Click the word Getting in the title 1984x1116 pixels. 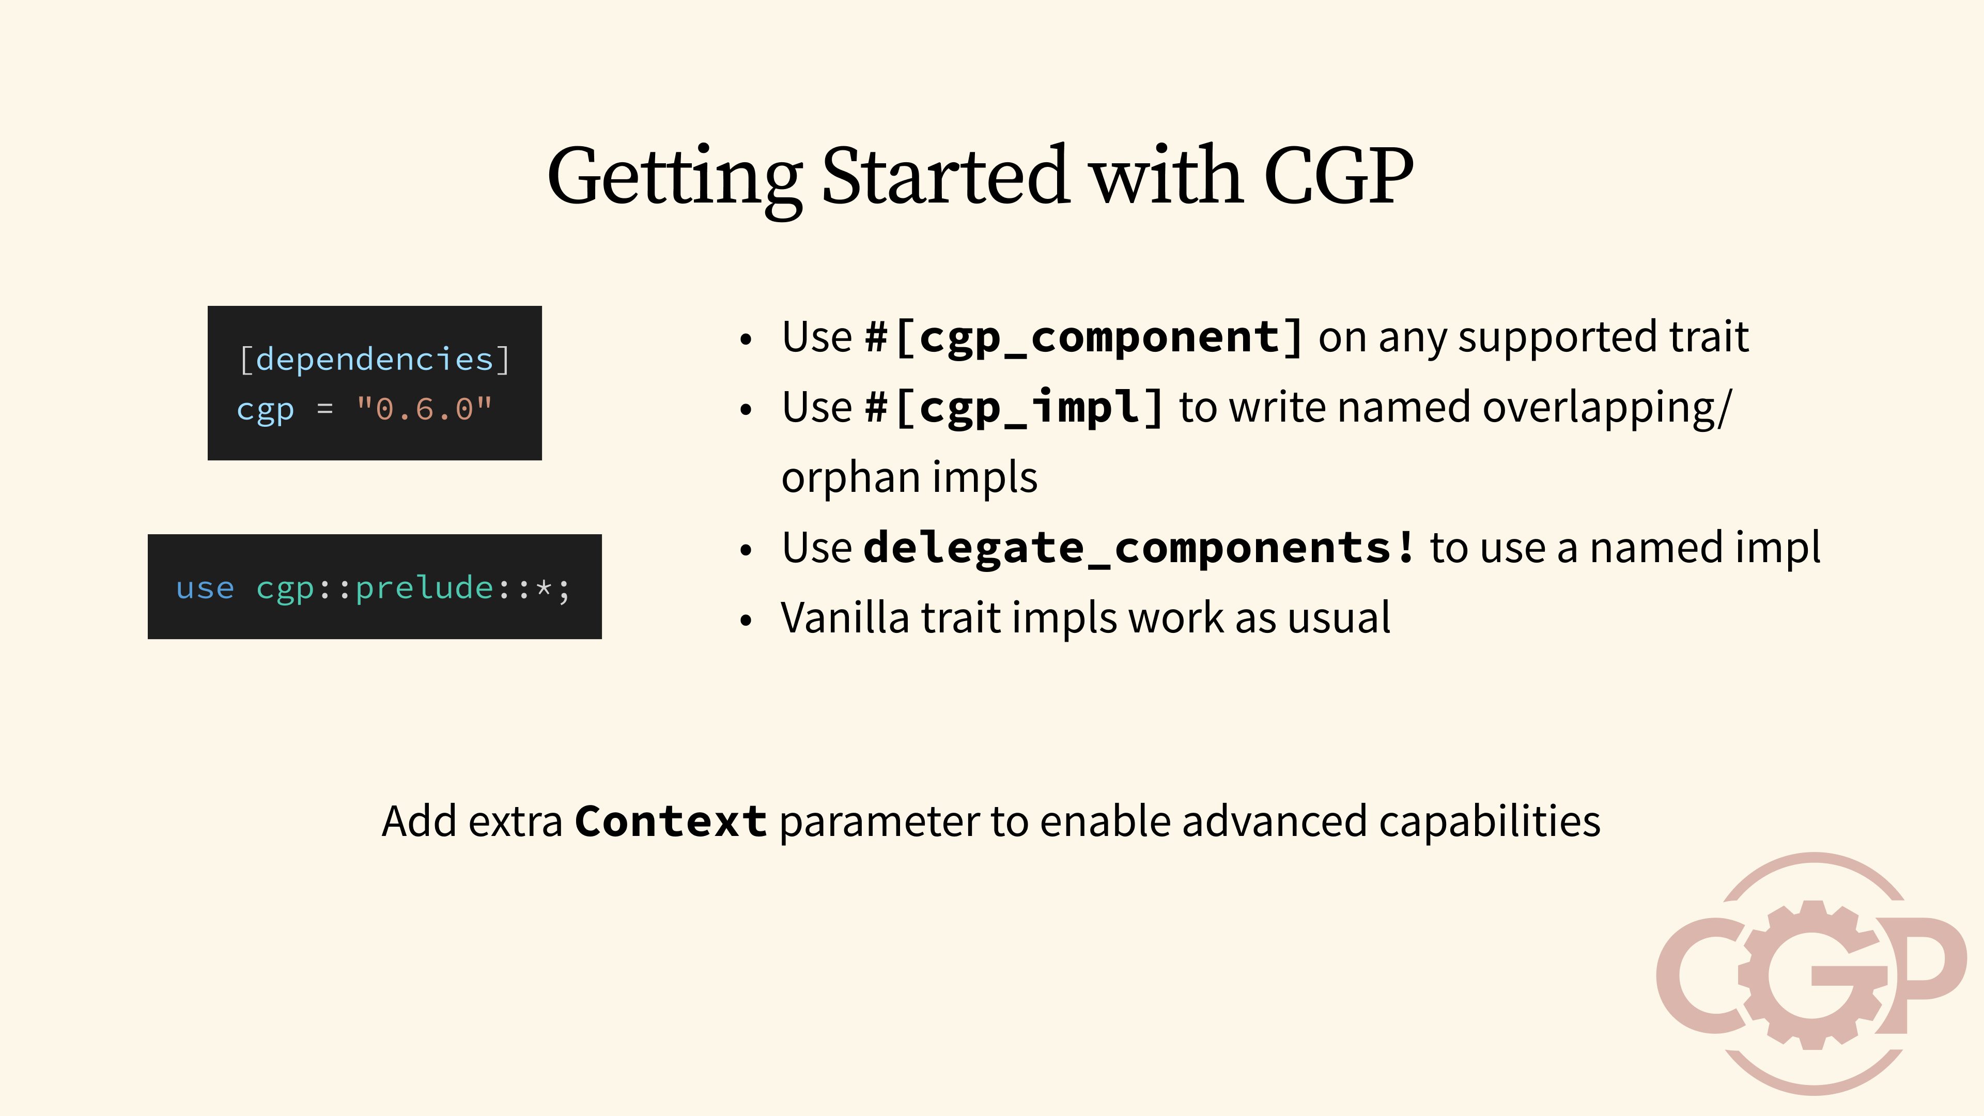tap(675, 179)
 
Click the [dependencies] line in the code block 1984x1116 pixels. tap(374, 360)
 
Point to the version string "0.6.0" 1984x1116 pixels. tap(424, 409)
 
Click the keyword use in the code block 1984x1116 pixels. tap(205, 588)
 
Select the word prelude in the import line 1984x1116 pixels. tap(424, 588)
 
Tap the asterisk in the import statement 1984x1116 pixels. tap(544, 588)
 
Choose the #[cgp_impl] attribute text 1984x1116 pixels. tap(1014, 408)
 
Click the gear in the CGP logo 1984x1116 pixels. tap(1814, 974)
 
